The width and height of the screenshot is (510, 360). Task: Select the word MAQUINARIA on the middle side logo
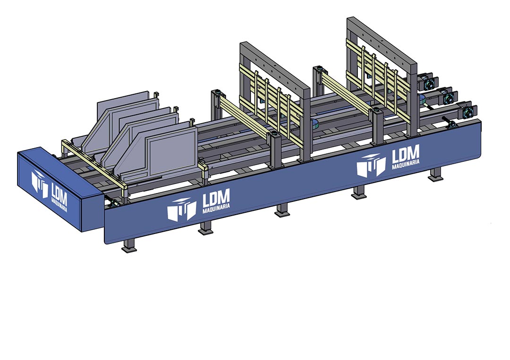(216, 208)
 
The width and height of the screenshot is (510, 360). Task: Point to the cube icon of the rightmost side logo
(371, 166)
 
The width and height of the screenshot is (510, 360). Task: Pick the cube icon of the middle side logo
(182, 209)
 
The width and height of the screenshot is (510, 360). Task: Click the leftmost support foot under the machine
(129, 245)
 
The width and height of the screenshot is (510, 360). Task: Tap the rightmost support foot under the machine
(435, 175)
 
